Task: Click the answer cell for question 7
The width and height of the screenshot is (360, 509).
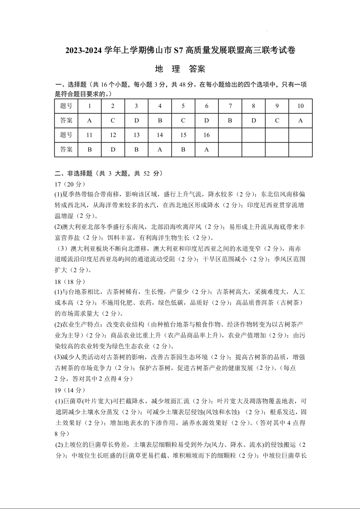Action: point(230,120)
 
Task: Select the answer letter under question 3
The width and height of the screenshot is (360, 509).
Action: point(136,120)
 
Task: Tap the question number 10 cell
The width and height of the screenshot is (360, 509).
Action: point(301,106)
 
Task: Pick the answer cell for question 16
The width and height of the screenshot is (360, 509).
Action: point(207,149)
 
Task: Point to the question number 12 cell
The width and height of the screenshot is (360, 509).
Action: point(113,135)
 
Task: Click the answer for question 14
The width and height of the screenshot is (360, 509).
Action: point(160,149)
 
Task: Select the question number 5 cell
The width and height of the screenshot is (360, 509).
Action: point(183,106)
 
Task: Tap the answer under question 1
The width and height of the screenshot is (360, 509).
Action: point(89,120)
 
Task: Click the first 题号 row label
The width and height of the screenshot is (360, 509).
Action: point(66,106)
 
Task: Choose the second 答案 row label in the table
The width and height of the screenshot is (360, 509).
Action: point(66,149)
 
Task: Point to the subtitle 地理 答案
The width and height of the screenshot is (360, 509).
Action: point(180,69)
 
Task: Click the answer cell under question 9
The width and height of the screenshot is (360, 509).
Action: point(277,120)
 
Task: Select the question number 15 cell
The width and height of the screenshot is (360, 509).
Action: point(183,135)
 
